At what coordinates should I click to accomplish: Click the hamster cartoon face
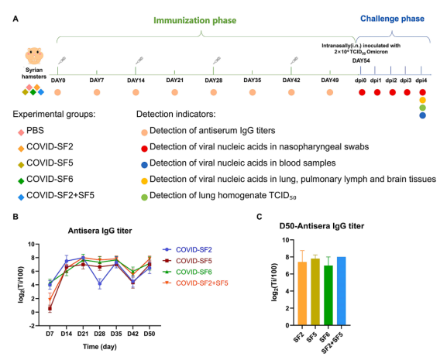click(x=34, y=56)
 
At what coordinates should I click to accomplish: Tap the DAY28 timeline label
click(x=214, y=81)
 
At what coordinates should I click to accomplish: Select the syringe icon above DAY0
click(x=62, y=60)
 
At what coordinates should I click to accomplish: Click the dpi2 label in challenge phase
click(x=391, y=81)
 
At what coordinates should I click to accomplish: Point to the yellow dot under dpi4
click(x=422, y=100)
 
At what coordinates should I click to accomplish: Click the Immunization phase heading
click(x=195, y=20)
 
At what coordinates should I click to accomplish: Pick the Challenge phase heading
click(x=392, y=19)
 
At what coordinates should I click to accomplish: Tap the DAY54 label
click(x=361, y=60)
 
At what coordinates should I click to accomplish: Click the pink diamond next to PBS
click(x=21, y=132)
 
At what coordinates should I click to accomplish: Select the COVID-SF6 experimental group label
click(x=50, y=179)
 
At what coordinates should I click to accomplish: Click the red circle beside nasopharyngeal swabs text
click(x=144, y=149)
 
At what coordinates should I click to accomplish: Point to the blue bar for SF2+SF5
click(x=341, y=291)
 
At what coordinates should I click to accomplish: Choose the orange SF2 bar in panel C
click(x=302, y=293)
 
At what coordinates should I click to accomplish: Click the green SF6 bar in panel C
click(x=328, y=295)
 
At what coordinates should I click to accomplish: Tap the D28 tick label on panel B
click(x=99, y=334)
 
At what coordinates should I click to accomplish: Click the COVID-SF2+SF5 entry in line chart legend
click(x=202, y=283)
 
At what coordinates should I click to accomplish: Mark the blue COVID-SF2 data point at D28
click(x=99, y=283)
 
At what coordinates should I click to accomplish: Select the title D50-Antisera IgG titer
click(x=321, y=226)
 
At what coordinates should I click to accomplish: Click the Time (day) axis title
click(x=100, y=347)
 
